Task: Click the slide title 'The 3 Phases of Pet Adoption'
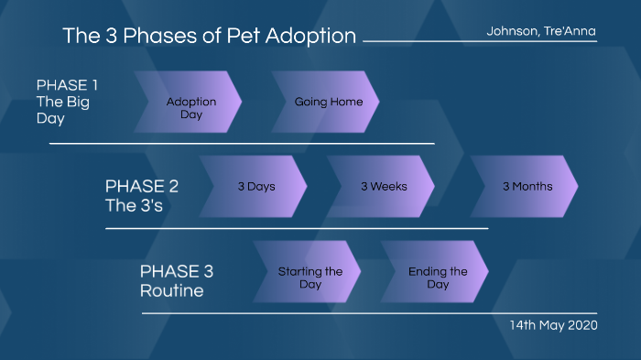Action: (209, 36)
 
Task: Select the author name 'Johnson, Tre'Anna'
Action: (541, 31)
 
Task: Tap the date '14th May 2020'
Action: (553, 325)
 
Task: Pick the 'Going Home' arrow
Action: (327, 102)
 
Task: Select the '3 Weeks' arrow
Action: (382, 186)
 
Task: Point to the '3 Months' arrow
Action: (526, 186)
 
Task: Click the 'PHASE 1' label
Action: (67, 85)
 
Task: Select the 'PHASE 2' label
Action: (142, 186)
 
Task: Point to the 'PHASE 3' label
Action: (177, 272)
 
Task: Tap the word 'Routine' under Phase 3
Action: (171, 291)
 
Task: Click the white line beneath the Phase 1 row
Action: (242, 144)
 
